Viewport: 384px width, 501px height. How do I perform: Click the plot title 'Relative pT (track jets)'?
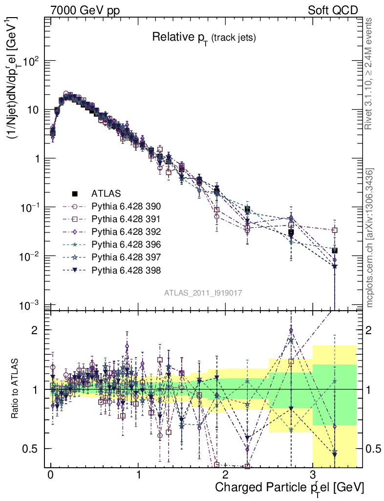coord(204,37)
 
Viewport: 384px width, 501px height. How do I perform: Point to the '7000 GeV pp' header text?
coord(85,10)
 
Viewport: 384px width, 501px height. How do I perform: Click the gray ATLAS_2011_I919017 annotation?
coord(203,293)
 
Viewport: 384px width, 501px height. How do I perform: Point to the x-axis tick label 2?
coord(226,476)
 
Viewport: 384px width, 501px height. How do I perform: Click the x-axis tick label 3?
coord(313,476)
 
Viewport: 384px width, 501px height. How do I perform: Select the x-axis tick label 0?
coord(50,476)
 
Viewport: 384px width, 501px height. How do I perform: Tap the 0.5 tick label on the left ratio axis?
coord(31,449)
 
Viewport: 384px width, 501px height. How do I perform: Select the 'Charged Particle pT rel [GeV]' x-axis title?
coord(289,487)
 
